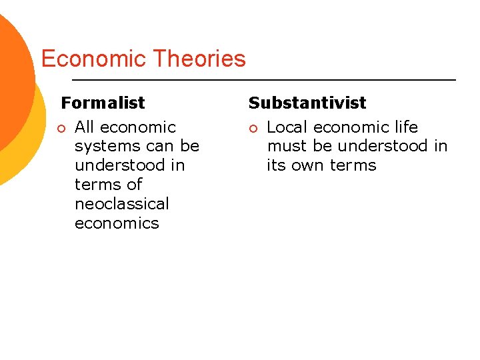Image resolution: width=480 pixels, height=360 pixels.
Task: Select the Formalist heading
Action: click(103, 103)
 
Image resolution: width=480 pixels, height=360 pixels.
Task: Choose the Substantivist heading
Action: click(307, 103)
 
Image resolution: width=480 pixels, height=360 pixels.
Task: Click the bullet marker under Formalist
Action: click(62, 128)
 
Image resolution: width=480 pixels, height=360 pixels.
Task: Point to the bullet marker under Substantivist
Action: click(254, 128)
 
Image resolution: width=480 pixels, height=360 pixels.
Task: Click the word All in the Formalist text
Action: click(86, 127)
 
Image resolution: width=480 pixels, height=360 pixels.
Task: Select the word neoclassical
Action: click(122, 203)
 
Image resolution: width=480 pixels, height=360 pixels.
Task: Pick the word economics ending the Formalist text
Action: click(117, 223)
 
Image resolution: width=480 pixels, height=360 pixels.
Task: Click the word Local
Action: click(287, 127)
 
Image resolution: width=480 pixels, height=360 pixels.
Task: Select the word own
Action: click(311, 165)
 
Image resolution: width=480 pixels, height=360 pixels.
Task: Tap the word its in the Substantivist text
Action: click(277, 165)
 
